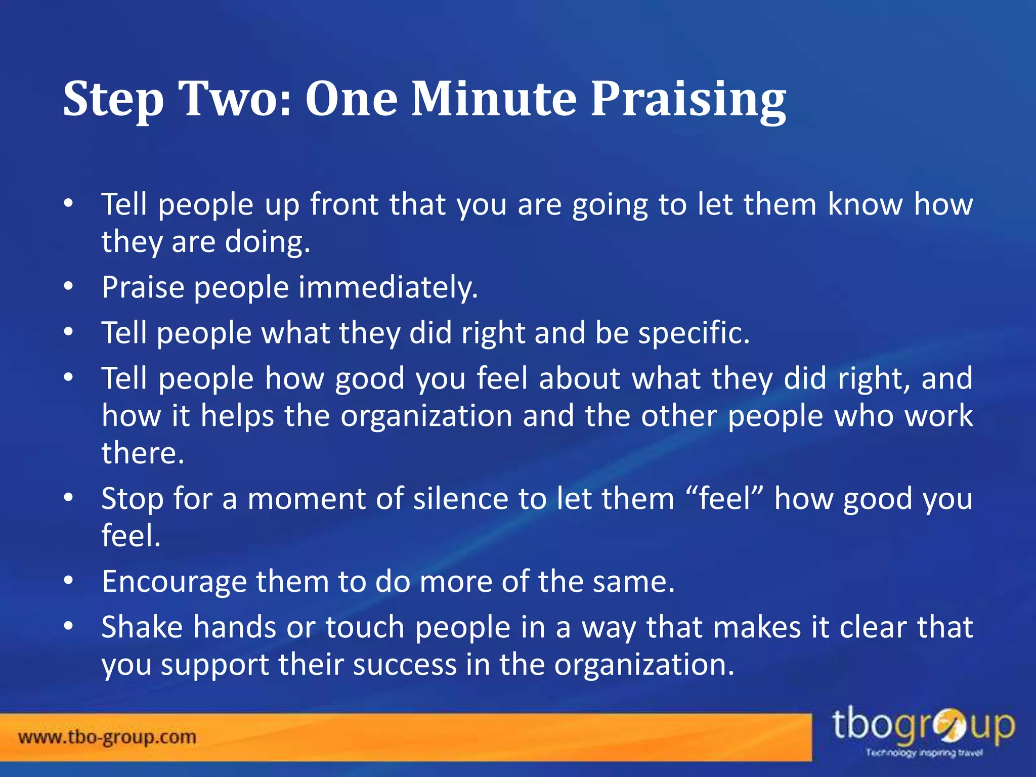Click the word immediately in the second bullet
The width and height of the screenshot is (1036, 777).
click(387, 288)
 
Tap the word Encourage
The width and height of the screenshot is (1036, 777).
click(174, 582)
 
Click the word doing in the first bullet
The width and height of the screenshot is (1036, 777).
click(267, 242)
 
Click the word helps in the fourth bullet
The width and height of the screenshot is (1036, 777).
click(237, 416)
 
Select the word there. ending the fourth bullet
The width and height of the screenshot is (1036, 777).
click(143, 453)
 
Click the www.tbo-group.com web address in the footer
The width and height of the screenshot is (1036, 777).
click(107, 737)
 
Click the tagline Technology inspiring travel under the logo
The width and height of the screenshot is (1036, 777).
click(924, 753)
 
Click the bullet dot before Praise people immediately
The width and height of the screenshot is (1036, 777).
click(69, 287)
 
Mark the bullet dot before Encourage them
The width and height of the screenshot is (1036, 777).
click(69, 581)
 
